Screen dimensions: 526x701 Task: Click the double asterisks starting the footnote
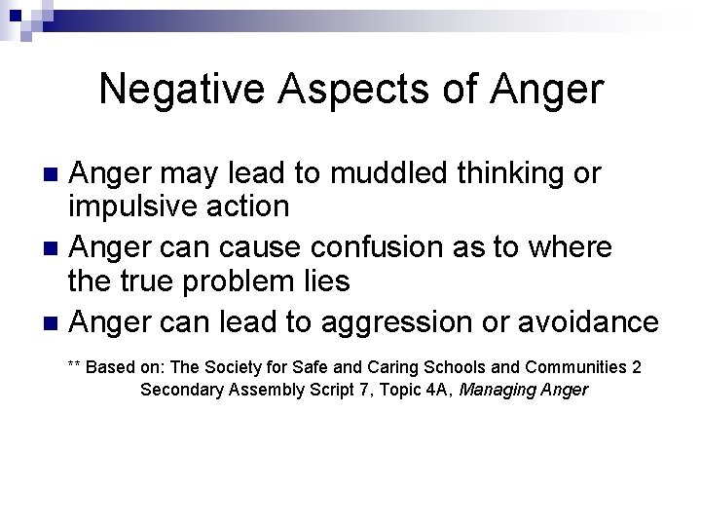(x=75, y=367)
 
